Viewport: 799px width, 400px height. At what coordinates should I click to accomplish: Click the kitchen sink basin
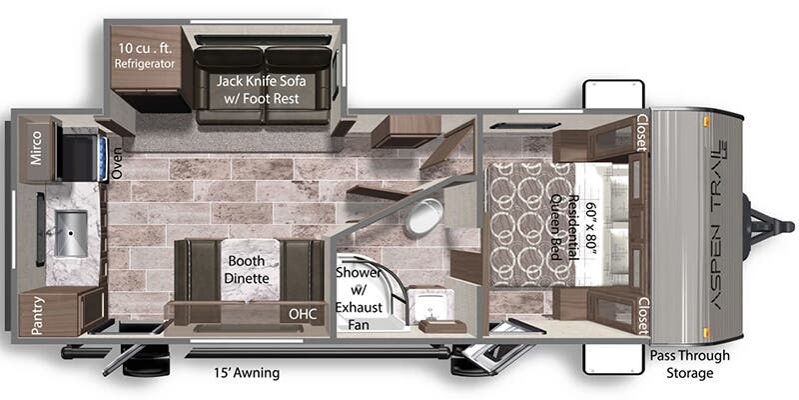click(x=71, y=234)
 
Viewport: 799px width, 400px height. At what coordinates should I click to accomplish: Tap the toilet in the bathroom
click(x=423, y=216)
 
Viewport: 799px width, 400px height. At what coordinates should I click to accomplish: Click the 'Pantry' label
click(x=37, y=316)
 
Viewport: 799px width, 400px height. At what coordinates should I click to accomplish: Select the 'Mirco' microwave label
click(x=36, y=147)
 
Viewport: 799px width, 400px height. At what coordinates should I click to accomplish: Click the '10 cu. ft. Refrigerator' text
click(x=145, y=56)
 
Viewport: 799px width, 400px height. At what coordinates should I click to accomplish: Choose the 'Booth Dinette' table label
click(x=247, y=270)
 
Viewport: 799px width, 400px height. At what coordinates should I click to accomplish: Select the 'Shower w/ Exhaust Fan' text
click(x=358, y=298)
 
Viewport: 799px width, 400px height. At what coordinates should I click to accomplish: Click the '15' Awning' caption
click(x=247, y=373)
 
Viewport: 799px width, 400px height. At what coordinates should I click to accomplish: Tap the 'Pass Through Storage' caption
click(x=690, y=364)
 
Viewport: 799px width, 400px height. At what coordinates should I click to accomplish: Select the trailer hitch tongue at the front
click(x=768, y=226)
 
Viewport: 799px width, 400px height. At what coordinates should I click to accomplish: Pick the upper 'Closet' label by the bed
click(x=642, y=133)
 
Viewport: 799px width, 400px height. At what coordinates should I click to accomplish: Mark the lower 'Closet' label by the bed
click(x=643, y=315)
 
